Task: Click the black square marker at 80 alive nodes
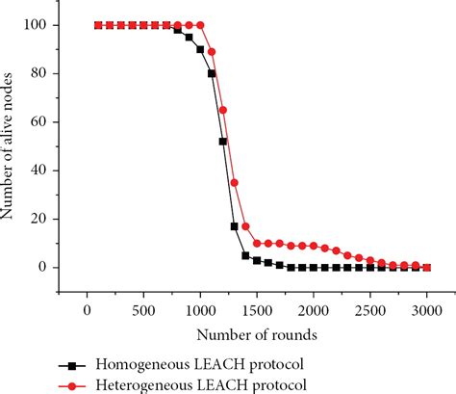tap(212, 73)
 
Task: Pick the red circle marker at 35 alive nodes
tap(234, 182)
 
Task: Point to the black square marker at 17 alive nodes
tap(234, 226)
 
